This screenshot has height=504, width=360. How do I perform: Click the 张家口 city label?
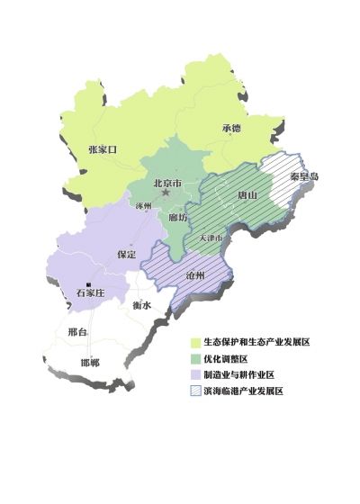(x=103, y=148)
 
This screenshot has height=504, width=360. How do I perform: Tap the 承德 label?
(x=231, y=128)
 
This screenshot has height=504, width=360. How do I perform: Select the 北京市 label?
(x=167, y=183)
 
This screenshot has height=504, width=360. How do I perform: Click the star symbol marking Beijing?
(x=166, y=193)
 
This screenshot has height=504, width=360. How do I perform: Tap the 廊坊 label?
(x=178, y=217)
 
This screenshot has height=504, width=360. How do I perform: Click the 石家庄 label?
(x=91, y=293)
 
